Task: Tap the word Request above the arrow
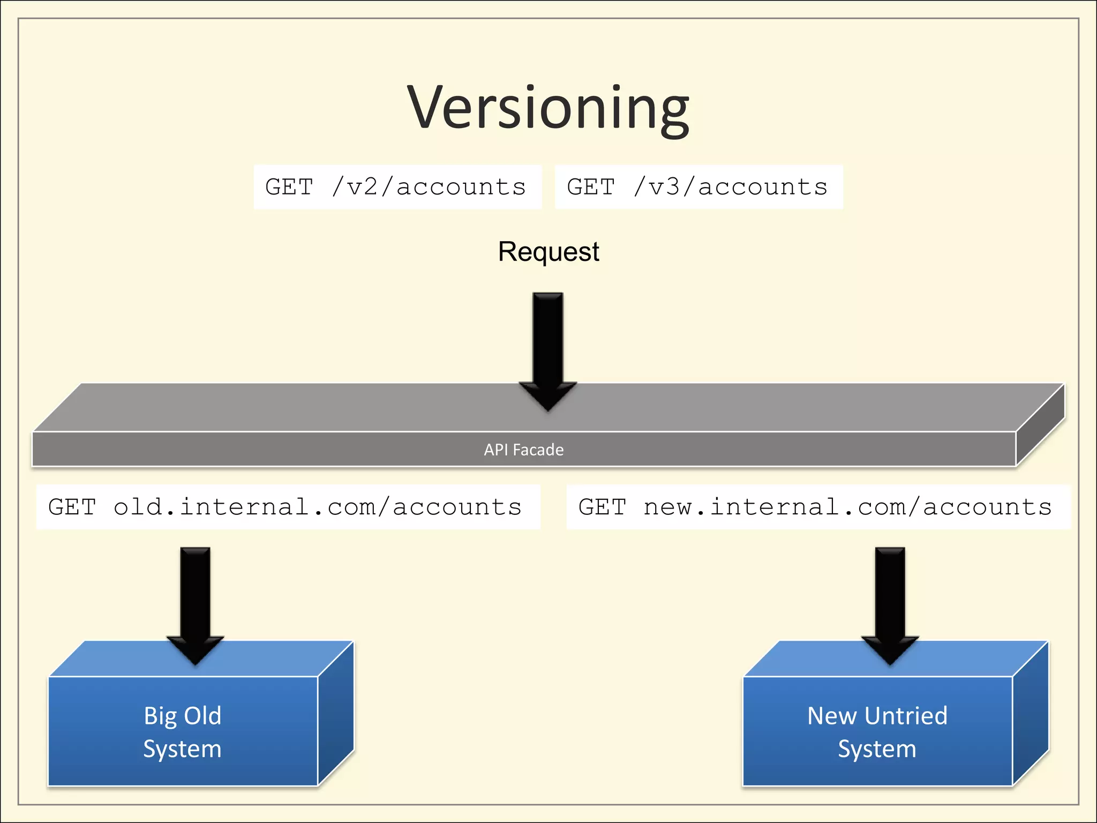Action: (548, 251)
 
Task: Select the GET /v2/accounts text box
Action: (397, 187)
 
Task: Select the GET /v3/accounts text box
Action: (698, 187)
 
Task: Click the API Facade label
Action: (523, 450)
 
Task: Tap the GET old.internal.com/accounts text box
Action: (288, 507)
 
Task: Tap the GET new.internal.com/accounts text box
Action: (817, 507)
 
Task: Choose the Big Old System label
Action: (182, 732)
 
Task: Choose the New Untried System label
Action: (877, 732)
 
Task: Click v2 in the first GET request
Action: (363, 187)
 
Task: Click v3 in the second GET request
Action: (664, 187)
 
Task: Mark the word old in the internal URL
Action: (138, 507)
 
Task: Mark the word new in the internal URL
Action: (667, 507)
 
